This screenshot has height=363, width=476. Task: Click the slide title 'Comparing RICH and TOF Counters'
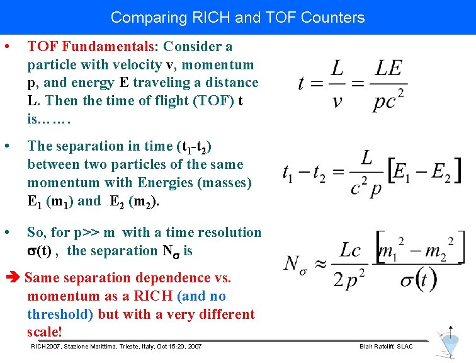pos(237,17)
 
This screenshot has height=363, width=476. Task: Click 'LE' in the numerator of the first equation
pos(388,68)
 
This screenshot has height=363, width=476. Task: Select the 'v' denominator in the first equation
pos(337,101)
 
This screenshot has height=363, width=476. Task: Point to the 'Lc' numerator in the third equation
pos(350,251)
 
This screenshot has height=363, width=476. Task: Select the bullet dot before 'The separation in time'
pos(6,146)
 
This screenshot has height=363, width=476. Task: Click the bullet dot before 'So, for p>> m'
pos(6,233)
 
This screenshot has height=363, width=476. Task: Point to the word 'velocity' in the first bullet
pos(138,65)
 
